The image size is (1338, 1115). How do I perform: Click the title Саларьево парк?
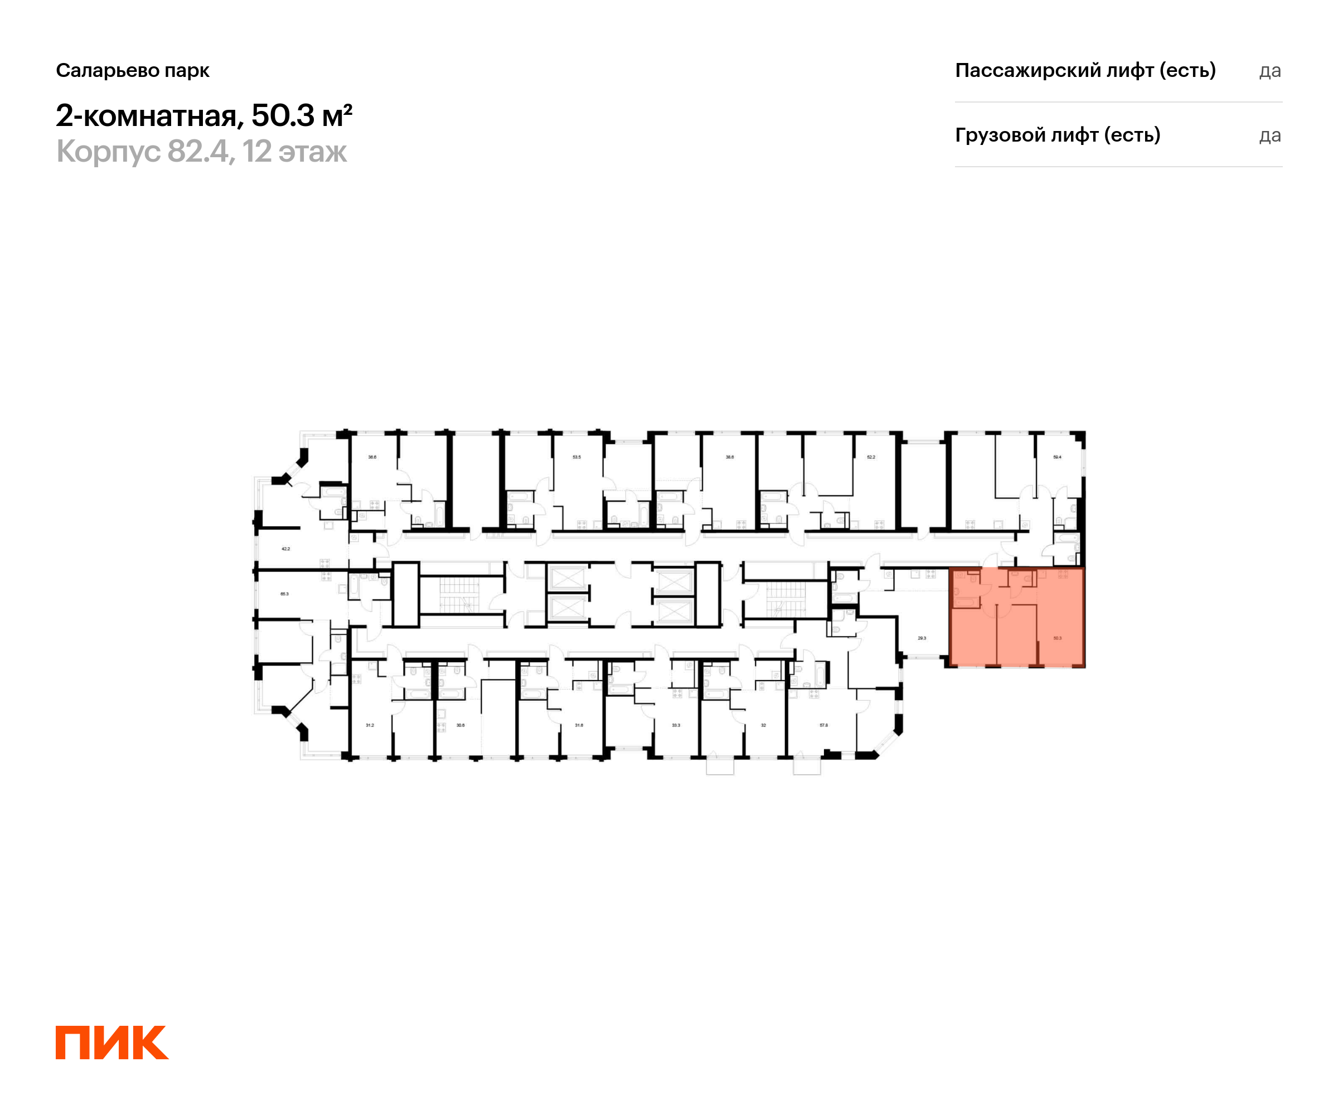point(133,71)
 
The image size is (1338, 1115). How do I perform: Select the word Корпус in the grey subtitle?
point(108,152)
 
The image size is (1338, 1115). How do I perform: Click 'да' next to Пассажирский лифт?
point(1270,71)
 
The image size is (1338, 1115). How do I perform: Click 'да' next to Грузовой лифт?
point(1270,135)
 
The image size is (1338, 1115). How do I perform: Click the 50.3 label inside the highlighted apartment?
point(1057,638)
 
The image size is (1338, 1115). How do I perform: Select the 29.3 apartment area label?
point(922,638)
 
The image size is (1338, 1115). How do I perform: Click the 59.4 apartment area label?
point(1057,457)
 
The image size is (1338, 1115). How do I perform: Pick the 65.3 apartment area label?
point(284,594)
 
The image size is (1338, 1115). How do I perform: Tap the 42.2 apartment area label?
point(285,549)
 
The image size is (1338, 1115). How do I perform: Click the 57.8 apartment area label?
point(823,725)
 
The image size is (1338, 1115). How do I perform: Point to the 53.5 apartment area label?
point(576,457)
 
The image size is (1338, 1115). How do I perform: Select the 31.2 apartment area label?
point(370,725)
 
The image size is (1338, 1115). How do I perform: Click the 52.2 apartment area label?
point(871,457)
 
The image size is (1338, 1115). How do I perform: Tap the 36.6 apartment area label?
point(372,457)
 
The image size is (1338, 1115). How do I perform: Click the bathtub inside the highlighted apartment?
point(967,602)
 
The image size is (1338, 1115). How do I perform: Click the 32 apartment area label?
point(763,725)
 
